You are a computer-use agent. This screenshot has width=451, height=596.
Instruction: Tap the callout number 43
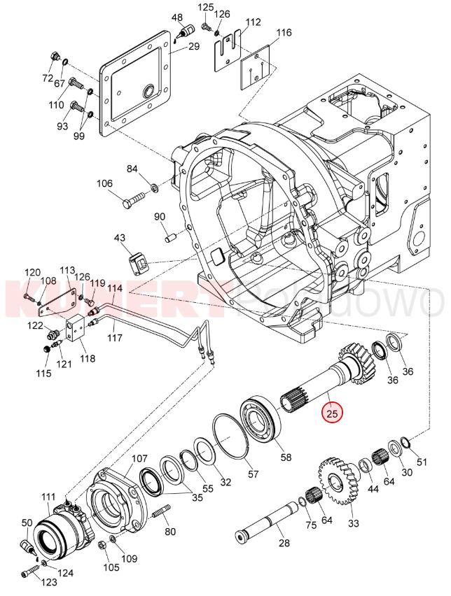120,239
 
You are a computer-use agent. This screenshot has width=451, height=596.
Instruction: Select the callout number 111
47,497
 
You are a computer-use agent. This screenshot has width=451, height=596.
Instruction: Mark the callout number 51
421,461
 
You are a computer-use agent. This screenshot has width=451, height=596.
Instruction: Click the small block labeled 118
76,328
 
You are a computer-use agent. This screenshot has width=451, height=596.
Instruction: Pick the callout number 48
176,17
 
